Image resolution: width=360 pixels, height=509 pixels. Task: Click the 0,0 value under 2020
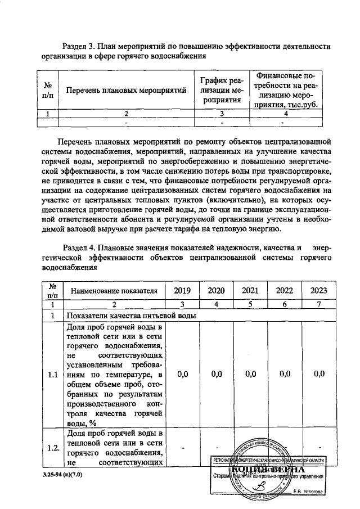coord(216,373)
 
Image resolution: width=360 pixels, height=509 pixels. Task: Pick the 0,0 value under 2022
coord(285,373)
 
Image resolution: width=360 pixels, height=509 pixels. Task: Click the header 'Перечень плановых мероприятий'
coord(126,90)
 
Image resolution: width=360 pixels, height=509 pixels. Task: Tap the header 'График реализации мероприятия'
coord(221,90)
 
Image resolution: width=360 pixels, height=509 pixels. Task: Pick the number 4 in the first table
coord(286,113)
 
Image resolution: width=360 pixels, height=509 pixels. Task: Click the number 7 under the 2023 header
coord(319,304)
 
